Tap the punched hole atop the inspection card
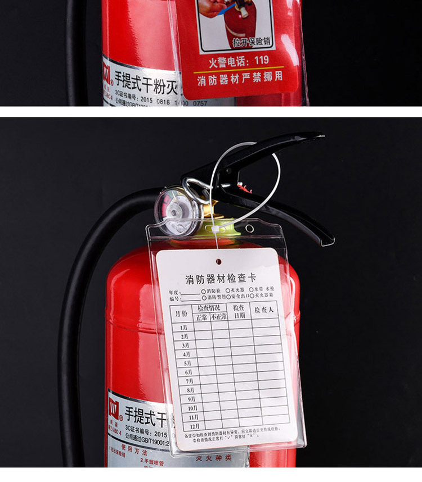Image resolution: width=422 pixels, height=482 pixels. [x=218, y=261]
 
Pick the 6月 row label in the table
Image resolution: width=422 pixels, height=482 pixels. [x=187, y=372]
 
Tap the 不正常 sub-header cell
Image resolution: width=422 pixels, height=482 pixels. [x=219, y=317]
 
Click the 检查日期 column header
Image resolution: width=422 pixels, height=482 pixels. [x=239, y=312]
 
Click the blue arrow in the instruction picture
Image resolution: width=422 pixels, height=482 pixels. [x=229, y=8]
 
